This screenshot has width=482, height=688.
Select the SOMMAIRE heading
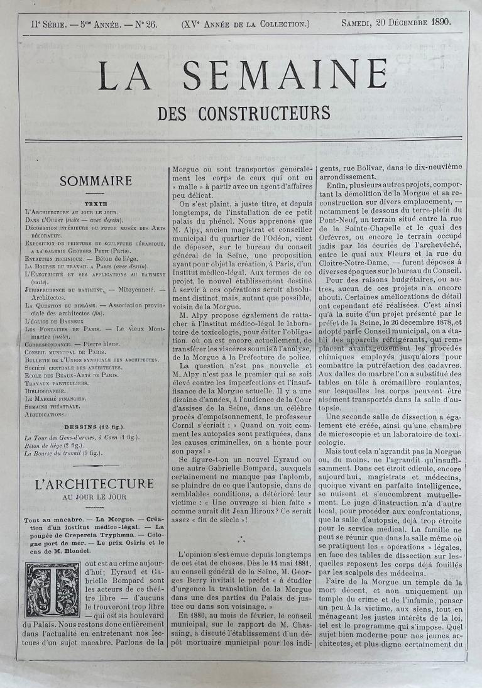coord(96,181)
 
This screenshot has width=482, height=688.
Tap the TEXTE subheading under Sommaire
coord(96,204)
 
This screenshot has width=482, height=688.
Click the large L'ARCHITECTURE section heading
coord(95,484)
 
